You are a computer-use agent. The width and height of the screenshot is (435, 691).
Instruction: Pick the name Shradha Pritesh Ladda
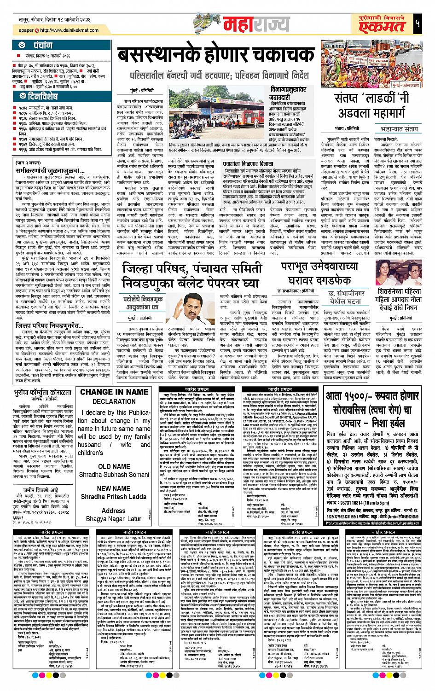click(x=113, y=497)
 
